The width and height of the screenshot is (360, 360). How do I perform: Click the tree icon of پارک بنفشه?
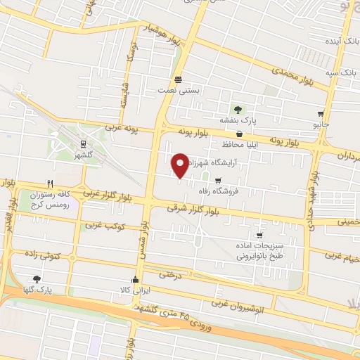238,109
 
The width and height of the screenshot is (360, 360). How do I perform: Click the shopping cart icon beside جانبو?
321,113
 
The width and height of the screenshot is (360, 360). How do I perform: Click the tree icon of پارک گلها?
36,279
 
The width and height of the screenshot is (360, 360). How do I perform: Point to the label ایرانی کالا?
134,290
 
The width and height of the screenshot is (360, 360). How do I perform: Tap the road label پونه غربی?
123,129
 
